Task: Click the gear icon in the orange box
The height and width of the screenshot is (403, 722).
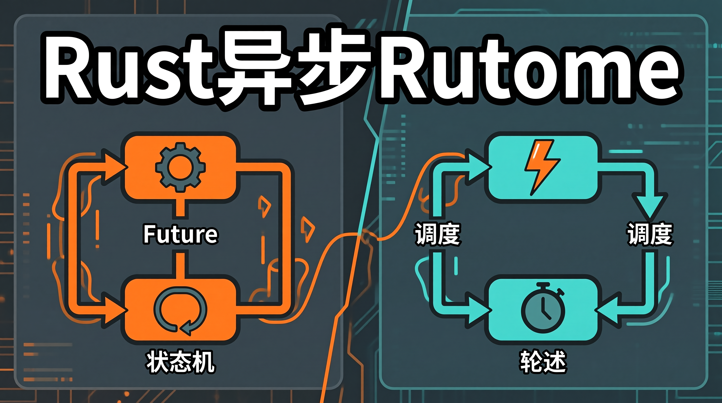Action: pos(180,167)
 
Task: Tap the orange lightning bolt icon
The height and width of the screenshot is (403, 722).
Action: pos(542,168)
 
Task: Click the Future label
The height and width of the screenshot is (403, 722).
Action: pos(180,234)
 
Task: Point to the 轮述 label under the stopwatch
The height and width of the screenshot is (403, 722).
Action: pos(543,362)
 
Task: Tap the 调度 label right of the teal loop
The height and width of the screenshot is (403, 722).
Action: pos(650,234)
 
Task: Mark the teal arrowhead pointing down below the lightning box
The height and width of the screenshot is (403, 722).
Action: pos(650,206)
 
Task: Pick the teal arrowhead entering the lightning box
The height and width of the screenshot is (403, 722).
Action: pos(478,167)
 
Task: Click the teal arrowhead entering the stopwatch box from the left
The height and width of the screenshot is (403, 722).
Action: pos(478,310)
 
